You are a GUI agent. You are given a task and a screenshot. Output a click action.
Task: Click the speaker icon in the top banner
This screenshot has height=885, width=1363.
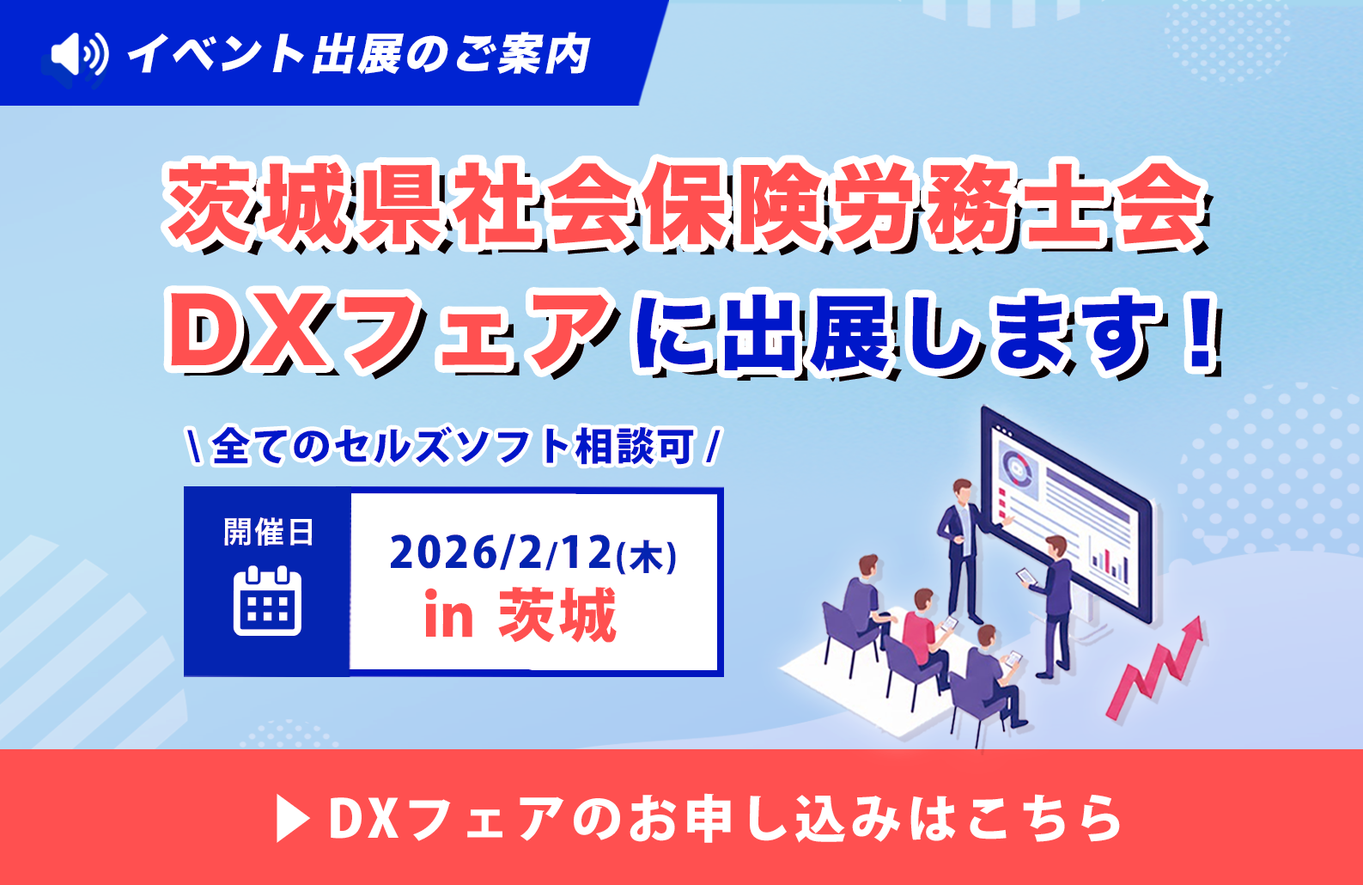[80, 53]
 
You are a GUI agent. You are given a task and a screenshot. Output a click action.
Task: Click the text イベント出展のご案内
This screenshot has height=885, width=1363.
[359, 53]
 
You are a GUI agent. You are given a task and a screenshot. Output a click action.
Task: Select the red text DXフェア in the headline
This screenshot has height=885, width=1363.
[389, 331]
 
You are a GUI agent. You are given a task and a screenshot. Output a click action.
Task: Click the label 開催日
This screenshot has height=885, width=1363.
[268, 532]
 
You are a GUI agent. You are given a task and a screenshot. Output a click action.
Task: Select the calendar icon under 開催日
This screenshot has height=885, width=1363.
[268, 601]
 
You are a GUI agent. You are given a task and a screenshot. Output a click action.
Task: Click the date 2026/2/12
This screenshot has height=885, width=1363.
[501, 552]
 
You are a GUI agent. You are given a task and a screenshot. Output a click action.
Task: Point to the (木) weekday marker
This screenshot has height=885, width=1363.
[646, 556]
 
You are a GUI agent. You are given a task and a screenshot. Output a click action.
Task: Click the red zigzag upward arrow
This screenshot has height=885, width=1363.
[1154, 668]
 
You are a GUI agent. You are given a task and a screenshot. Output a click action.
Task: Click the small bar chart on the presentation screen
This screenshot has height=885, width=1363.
[1110, 564]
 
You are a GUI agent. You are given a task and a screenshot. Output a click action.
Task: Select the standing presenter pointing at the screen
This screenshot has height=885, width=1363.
[965, 549]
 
